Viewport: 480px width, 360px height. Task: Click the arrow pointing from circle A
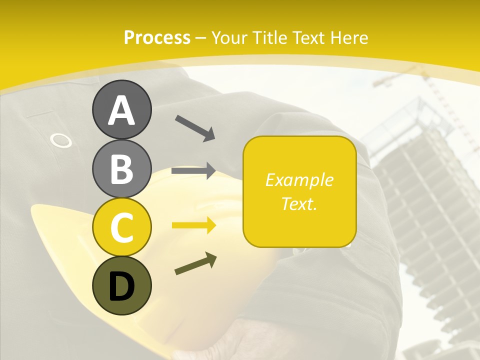(x=195, y=128)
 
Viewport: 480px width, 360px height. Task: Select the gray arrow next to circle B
(x=193, y=171)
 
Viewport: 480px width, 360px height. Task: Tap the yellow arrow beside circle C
(x=193, y=225)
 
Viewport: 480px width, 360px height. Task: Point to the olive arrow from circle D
(x=195, y=264)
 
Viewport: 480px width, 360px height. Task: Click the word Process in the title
(x=157, y=37)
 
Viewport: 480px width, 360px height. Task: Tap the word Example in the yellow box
(x=299, y=180)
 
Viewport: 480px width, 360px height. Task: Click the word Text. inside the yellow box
(x=299, y=203)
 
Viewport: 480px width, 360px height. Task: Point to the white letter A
(x=121, y=110)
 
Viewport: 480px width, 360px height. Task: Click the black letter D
(x=121, y=286)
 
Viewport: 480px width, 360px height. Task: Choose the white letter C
(x=121, y=227)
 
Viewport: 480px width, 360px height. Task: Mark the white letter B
(x=121, y=169)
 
